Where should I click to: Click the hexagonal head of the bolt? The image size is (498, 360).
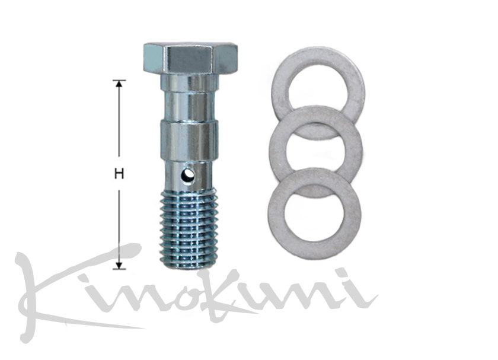[x=190, y=58]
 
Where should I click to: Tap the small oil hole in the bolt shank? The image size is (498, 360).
[x=188, y=176]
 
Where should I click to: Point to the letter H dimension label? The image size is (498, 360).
[x=119, y=174]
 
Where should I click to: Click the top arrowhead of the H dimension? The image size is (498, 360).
[x=119, y=84]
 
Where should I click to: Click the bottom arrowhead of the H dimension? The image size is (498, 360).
[x=119, y=266]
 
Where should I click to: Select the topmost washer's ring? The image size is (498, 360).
[x=318, y=54]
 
